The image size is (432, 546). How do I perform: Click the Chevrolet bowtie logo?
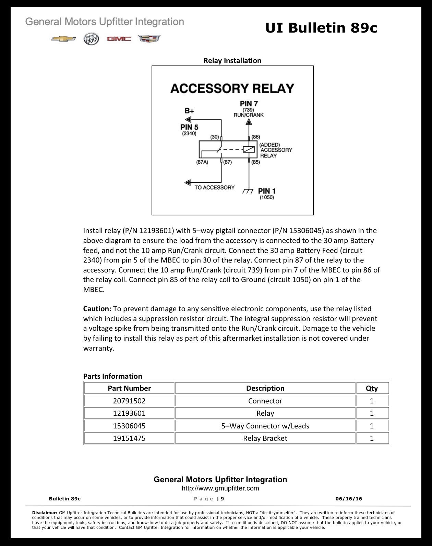(63, 39)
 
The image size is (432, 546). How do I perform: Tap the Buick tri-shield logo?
(91, 39)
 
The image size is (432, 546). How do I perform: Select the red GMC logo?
(119, 39)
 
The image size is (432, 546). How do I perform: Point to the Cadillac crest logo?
(149, 39)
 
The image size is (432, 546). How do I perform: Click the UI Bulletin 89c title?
(321, 28)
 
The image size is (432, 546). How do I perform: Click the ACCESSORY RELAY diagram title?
(232, 88)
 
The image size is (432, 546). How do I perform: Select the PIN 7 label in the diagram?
(249, 104)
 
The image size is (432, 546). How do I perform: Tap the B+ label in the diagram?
(189, 111)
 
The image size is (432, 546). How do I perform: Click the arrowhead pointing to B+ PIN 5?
(188, 120)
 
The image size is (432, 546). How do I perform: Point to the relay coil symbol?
(249, 149)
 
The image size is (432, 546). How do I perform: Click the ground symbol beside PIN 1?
(248, 191)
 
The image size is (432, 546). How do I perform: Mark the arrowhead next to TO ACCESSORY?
(188, 182)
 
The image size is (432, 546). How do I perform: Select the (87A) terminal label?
(202, 162)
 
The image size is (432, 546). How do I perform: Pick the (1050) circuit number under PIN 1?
(267, 197)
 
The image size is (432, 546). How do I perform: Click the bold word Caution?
(97, 309)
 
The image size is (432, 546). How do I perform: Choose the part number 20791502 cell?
(129, 401)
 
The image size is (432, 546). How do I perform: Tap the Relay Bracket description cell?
(265, 438)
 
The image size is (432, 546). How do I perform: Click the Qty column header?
(372, 388)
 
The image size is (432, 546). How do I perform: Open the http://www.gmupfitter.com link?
(220, 488)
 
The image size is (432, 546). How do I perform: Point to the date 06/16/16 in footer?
(349, 499)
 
